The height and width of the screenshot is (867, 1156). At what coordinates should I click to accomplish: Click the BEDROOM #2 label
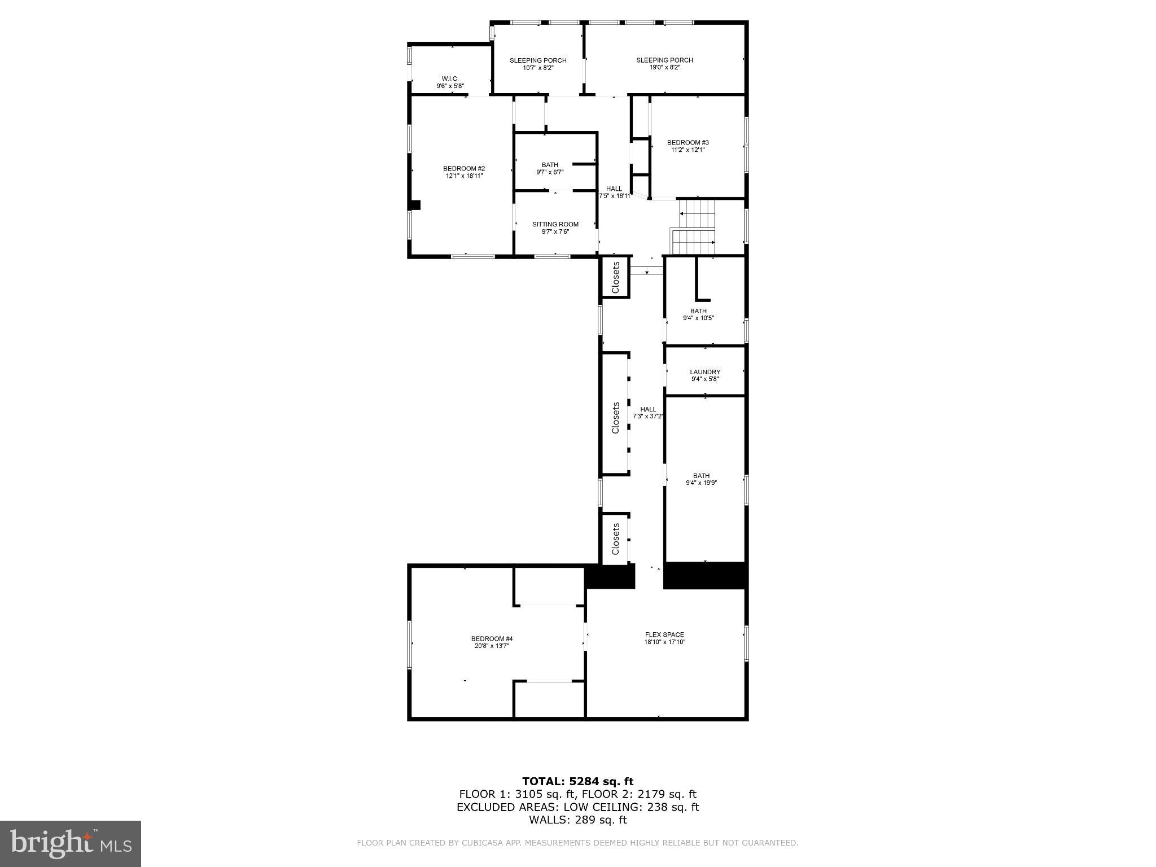click(x=463, y=172)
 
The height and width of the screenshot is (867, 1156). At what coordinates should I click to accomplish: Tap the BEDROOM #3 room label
click(x=688, y=146)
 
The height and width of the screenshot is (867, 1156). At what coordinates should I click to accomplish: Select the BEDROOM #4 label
click(x=492, y=642)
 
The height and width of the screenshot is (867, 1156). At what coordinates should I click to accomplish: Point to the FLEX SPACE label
click(x=664, y=638)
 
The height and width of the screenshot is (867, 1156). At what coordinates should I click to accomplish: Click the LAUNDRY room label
click(x=705, y=375)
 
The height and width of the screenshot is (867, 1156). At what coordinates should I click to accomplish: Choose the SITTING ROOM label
click(x=555, y=227)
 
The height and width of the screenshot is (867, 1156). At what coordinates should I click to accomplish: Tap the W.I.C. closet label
click(x=450, y=82)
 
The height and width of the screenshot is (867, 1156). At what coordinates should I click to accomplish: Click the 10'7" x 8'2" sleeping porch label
click(x=538, y=64)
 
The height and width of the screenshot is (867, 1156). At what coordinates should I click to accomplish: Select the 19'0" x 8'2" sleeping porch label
click(x=664, y=63)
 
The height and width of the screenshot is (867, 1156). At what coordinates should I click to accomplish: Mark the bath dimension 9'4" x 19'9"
click(x=701, y=483)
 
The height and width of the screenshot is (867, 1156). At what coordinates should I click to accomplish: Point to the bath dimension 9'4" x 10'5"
click(x=698, y=318)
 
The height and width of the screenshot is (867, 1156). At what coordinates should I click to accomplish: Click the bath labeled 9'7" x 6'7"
click(x=550, y=168)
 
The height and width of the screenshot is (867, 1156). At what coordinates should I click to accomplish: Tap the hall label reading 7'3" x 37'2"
click(x=648, y=413)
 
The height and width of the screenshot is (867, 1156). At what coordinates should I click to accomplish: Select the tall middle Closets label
click(x=616, y=418)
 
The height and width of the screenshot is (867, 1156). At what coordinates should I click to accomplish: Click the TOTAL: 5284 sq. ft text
click(x=577, y=781)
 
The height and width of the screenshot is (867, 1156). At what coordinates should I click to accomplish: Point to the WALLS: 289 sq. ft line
click(x=577, y=820)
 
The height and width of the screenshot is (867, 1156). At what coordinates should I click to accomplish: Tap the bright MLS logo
click(x=71, y=843)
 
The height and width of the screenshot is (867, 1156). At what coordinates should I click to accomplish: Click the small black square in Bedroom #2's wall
click(x=415, y=205)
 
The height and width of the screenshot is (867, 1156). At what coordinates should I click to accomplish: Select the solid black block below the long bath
click(x=706, y=575)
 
